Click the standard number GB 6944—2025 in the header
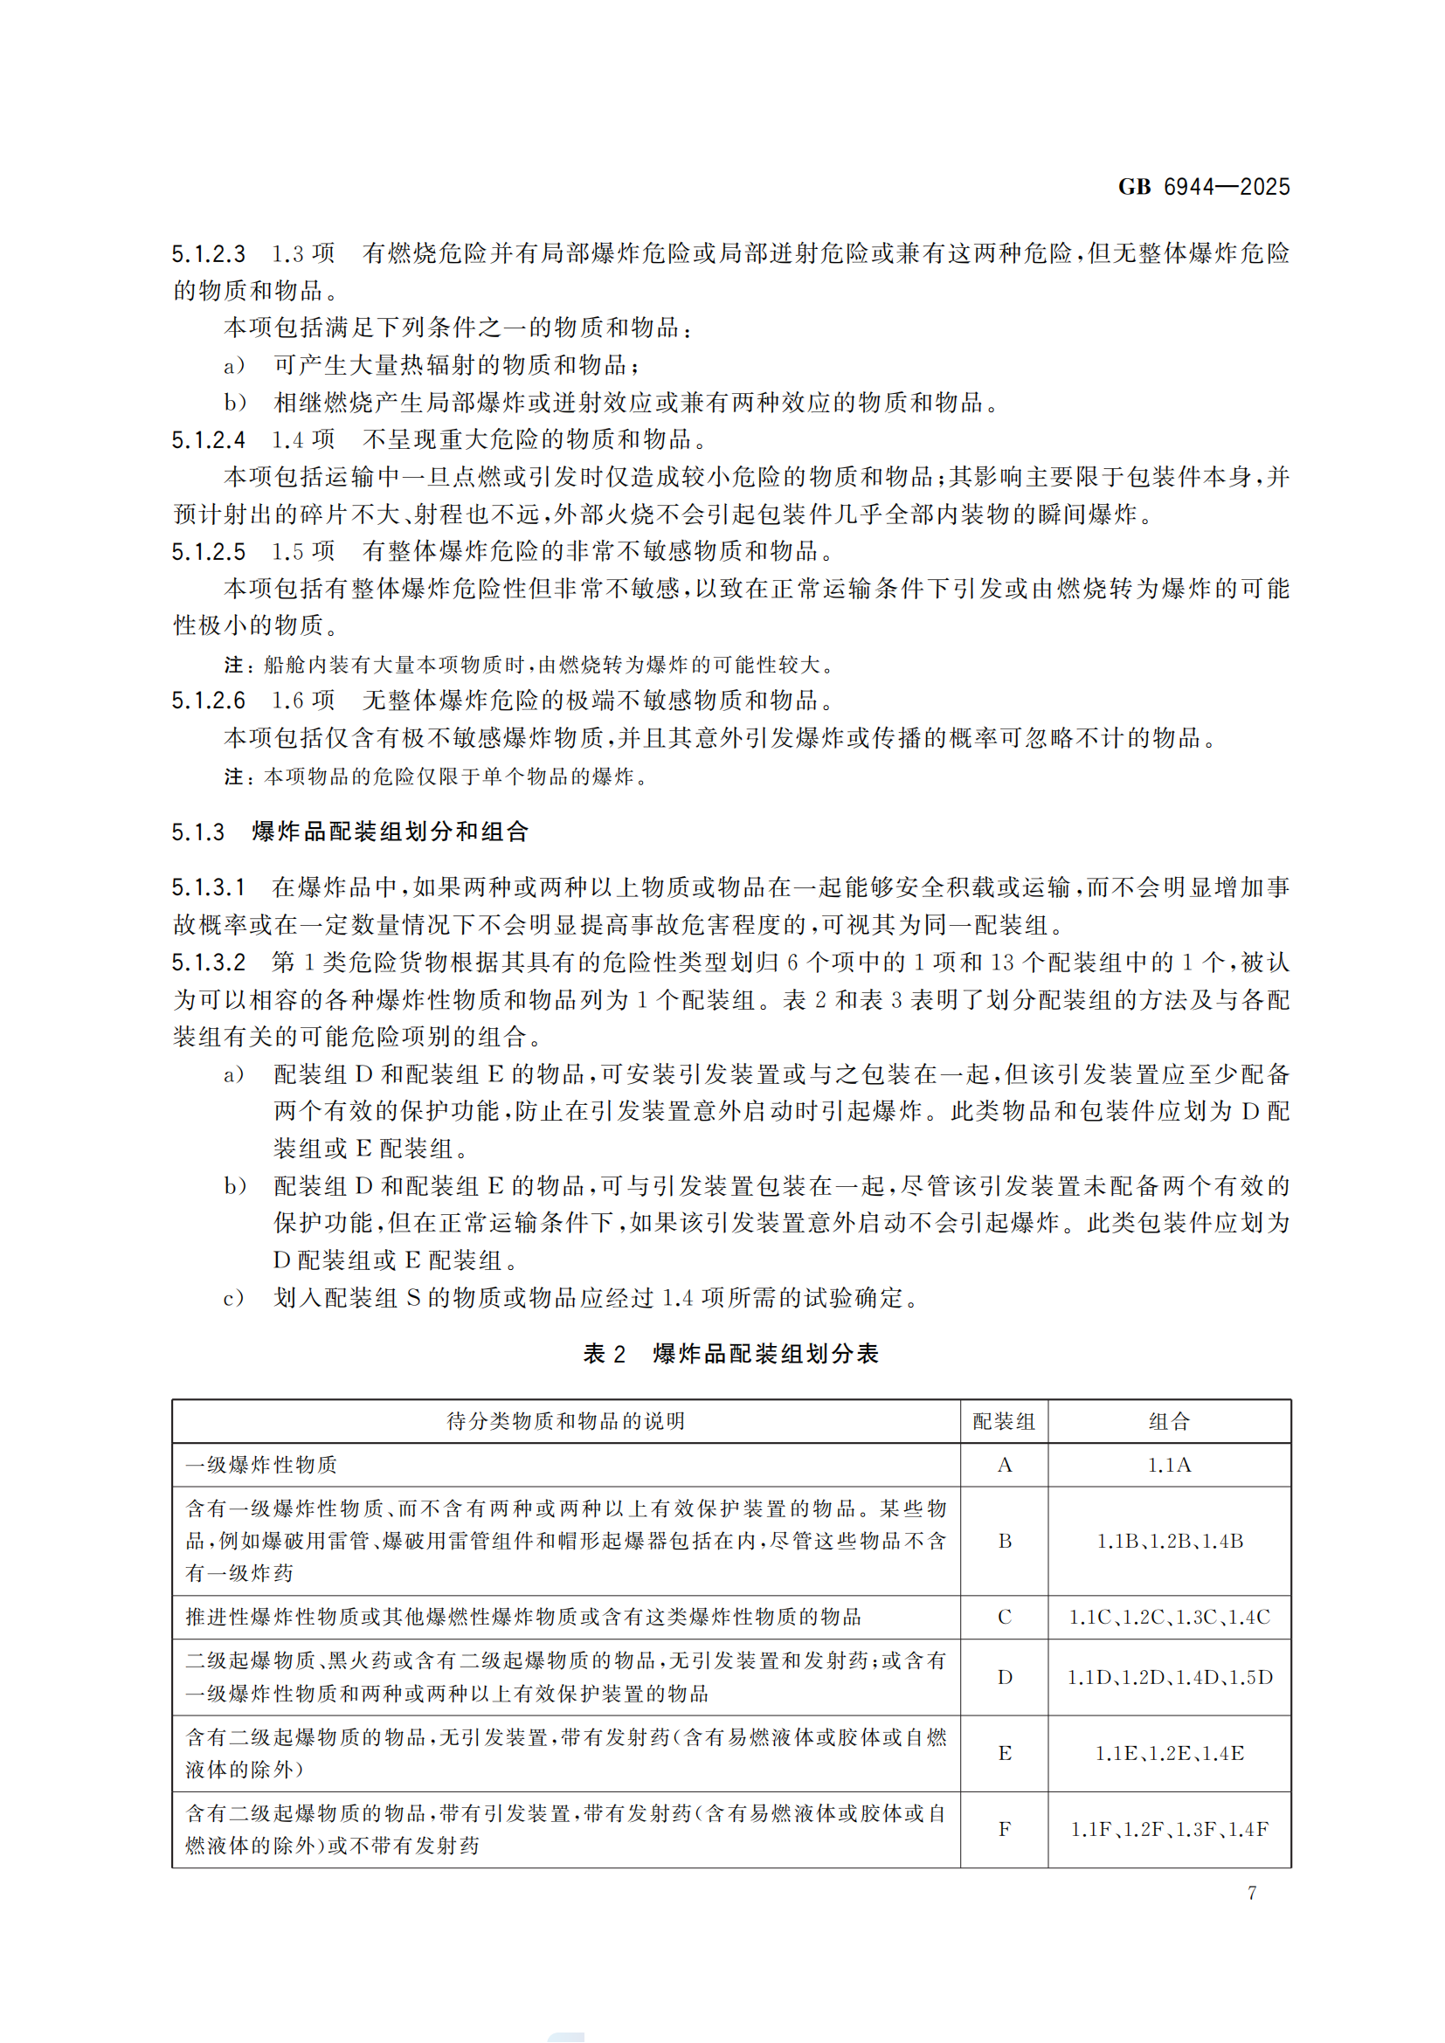(x=1203, y=187)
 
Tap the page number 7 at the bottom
(x=1252, y=1893)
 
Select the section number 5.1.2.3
(x=208, y=254)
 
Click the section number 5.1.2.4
(x=208, y=440)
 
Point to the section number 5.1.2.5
(x=208, y=553)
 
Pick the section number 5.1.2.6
(x=208, y=701)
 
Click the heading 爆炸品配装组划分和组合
(x=390, y=832)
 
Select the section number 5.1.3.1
(x=208, y=888)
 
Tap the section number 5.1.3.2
(x=208, y=963)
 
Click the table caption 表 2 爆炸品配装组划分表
(x=730, y=1355)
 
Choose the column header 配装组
(x=1004, y=1422)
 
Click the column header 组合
(x=1168, y=1422)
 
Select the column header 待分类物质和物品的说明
(x=566, y=1422)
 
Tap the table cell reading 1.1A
(x=1168, y=1466)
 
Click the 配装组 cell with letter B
(x=1004, y=1541)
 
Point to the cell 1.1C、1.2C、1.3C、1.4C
(x=1168, y=1617)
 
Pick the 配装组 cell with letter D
(x=1004, y=1677)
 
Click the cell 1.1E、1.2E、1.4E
(x=1168, y=1753)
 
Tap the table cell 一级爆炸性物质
(x=261, y=1466)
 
